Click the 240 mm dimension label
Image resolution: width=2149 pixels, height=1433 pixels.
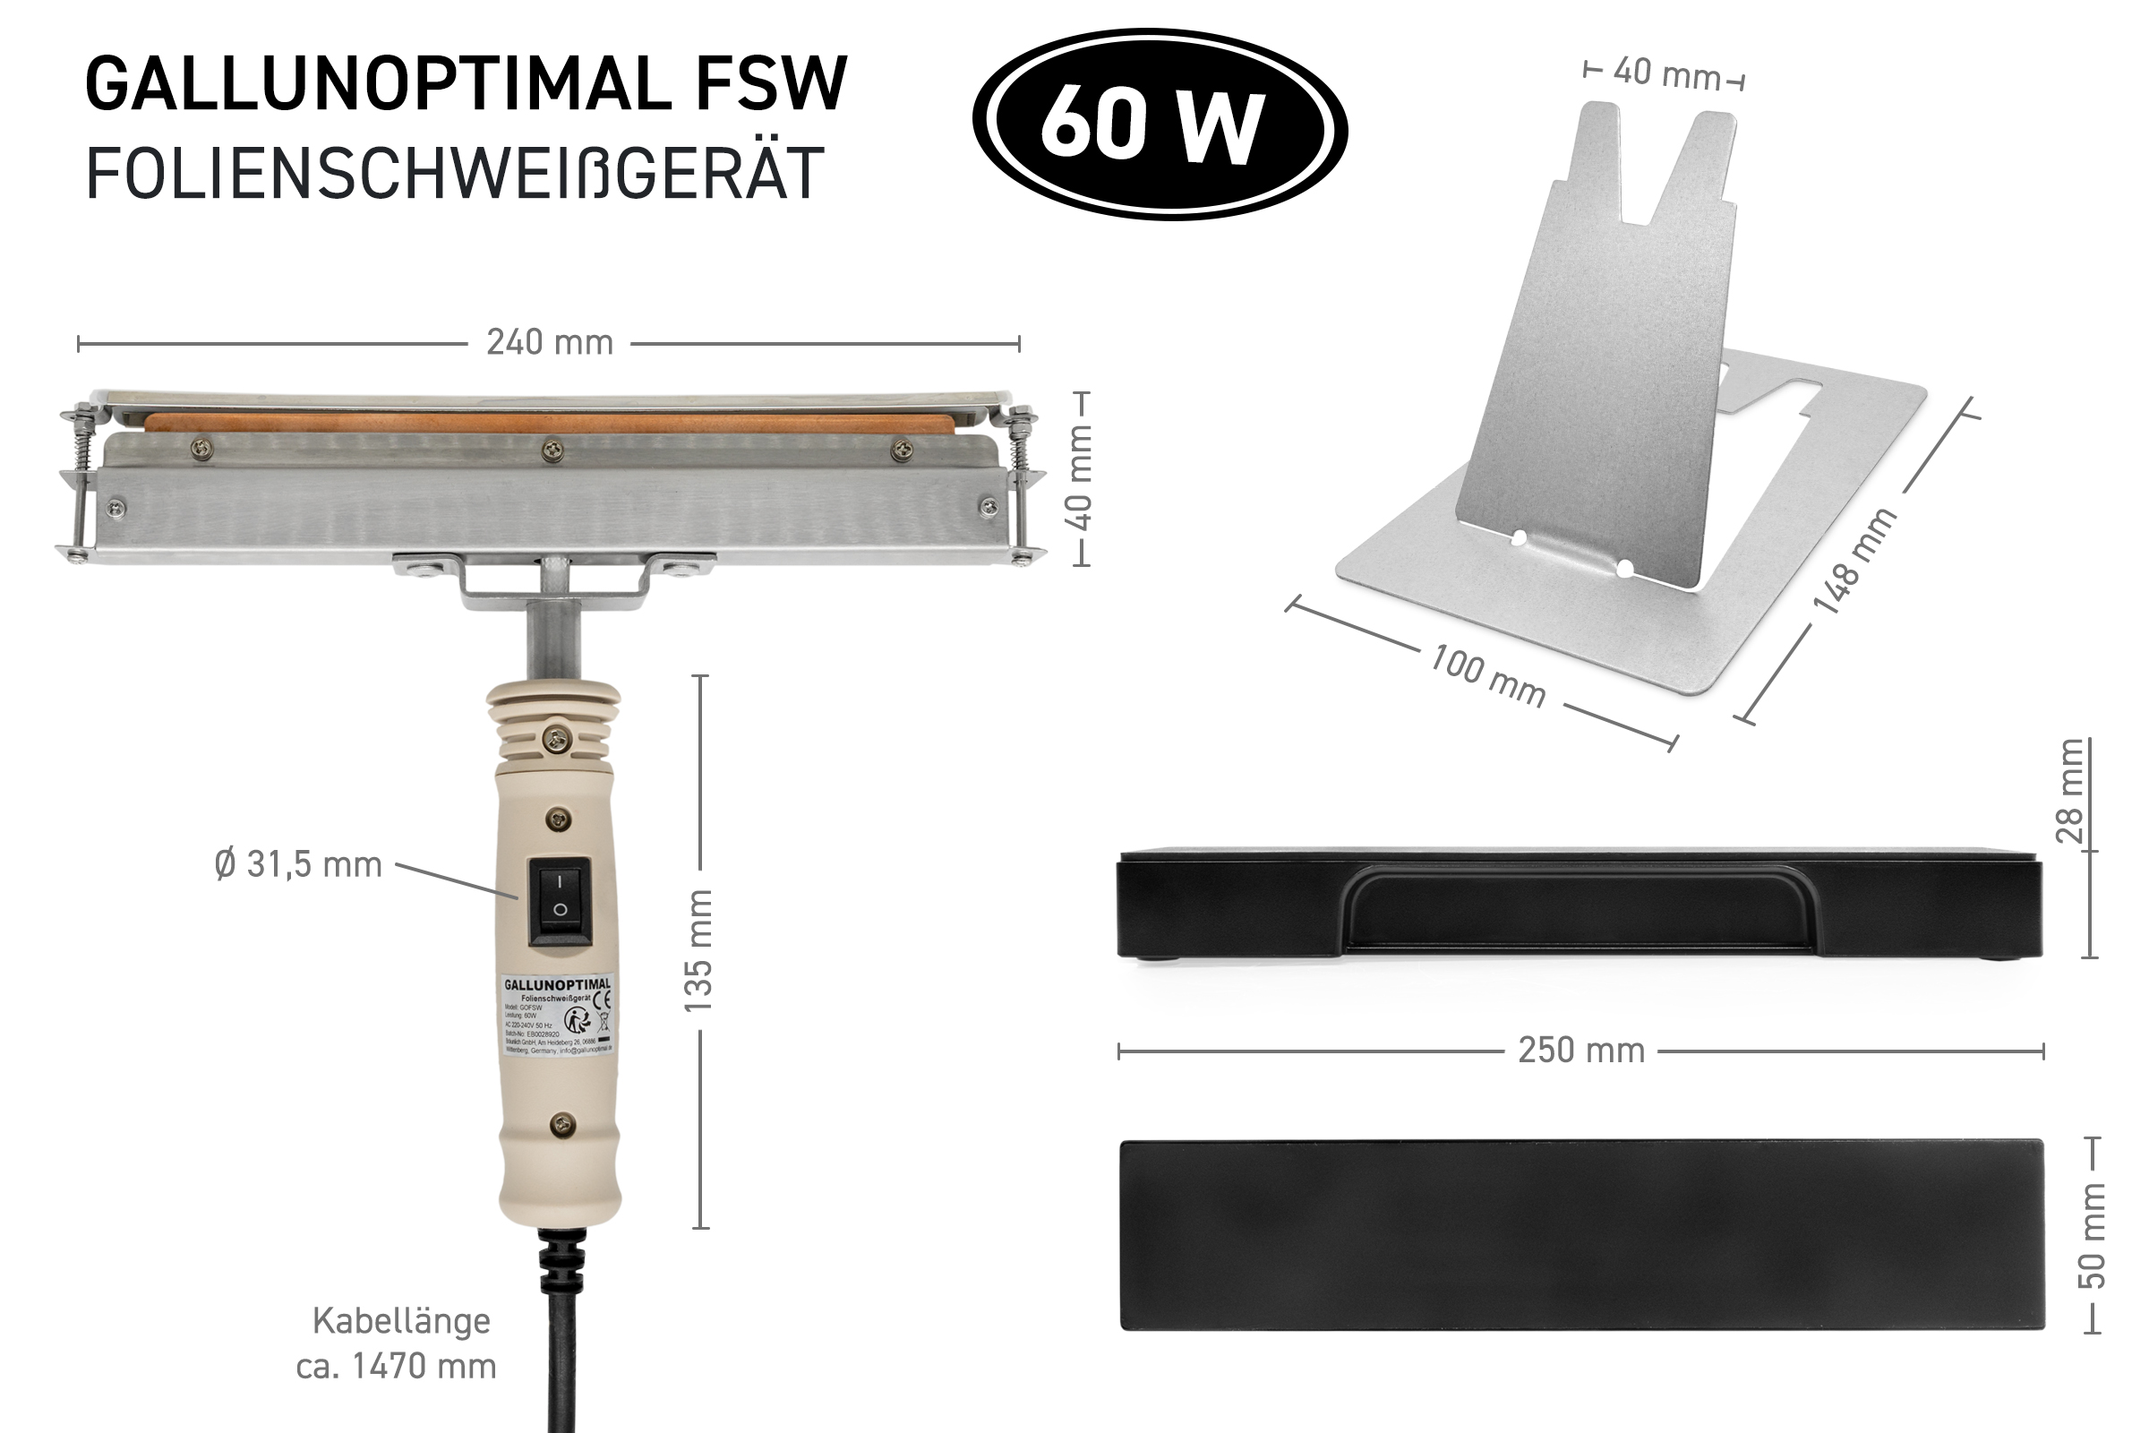pyautogui.click(x=549, y=343)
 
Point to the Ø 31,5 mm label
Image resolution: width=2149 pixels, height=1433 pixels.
pyautogui.click(x=298, y=864)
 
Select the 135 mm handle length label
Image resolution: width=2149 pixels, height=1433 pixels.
pyautogui.click(x=699, y=950)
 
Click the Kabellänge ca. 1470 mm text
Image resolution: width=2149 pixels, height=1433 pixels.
pyautogui.click(x=398, y=1343)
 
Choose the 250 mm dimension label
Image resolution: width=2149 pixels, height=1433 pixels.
pyautogui.click(x=1580, y=1051)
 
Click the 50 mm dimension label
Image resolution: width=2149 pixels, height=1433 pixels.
pyautogui.click(x=2092, y=1236)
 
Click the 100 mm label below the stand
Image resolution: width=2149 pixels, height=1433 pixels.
pyautogui.click(x=1487, y=676)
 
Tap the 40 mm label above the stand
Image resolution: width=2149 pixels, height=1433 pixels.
pyautogui.click(x=1665, y=73)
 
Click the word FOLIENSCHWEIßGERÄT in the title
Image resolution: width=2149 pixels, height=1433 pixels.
pyautogui.click(x=455, y=174)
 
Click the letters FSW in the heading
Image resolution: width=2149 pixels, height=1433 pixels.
pyautogui.click(x=772, y=84)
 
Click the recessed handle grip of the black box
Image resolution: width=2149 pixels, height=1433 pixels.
pyautogui.click(x=1580, y=910)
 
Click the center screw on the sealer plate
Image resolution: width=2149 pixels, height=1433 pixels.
pyautogui.click(x=552, y=450)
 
